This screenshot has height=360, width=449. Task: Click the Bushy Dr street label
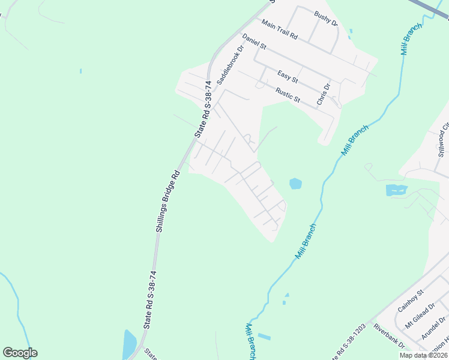327,20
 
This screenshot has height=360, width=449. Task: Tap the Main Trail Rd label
279,29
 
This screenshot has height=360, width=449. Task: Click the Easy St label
288,77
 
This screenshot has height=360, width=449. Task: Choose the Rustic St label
288,95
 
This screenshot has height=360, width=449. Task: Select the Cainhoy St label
411,301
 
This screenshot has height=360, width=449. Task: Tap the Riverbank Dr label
390,336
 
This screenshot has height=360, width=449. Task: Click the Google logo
20,353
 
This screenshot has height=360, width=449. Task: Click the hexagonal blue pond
295,184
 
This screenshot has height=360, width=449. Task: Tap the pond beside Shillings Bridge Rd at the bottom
129,343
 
